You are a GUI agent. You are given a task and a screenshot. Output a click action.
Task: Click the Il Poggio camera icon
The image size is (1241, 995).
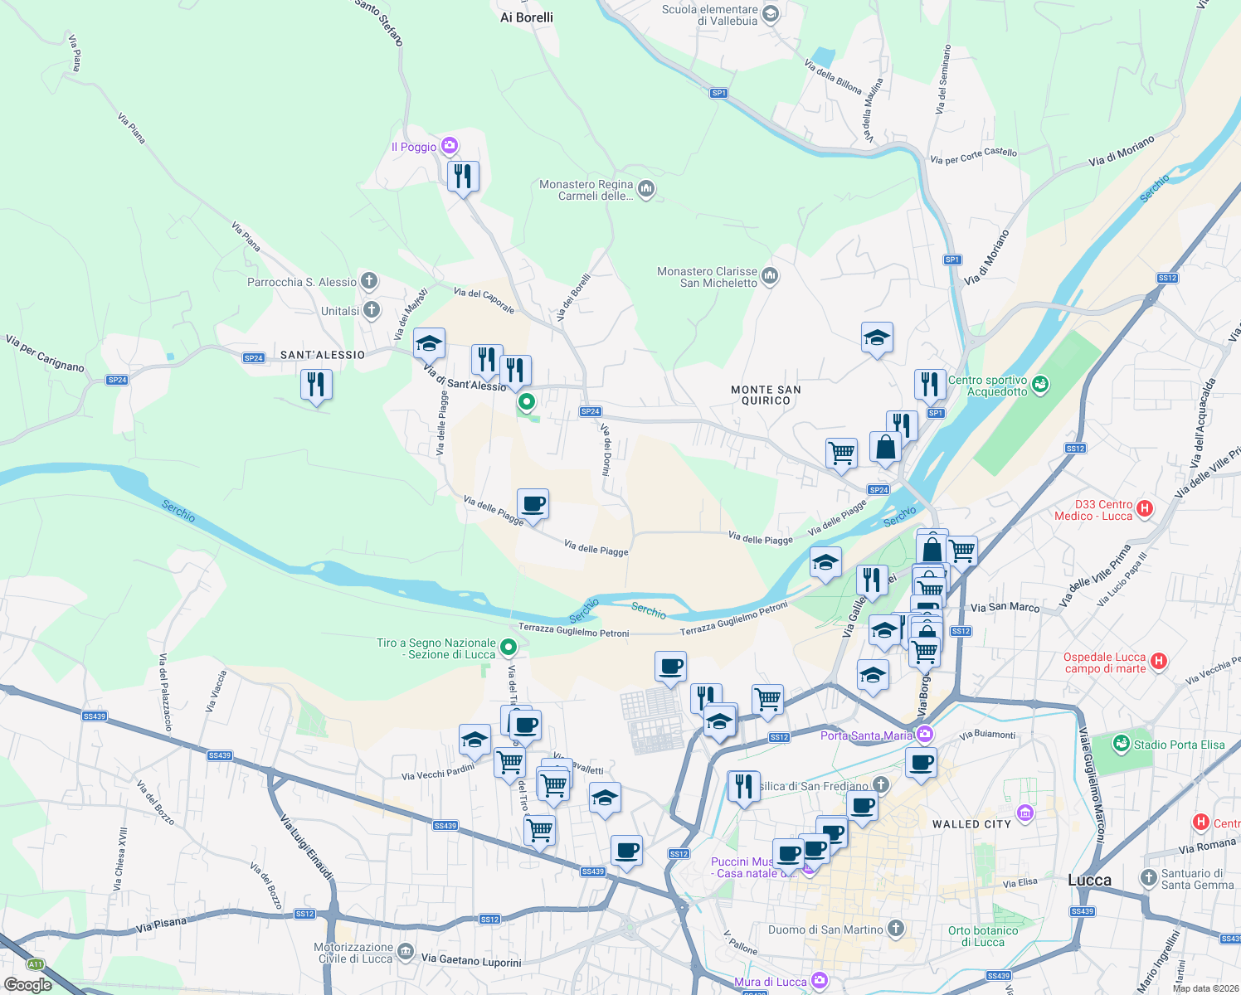tap(450, 146)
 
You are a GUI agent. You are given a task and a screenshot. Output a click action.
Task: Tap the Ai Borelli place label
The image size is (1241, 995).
tap(527, 17)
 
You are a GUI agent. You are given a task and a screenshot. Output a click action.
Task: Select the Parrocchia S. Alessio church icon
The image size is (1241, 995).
tap(369, 281)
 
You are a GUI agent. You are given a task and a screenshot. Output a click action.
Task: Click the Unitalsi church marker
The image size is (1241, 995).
tap(372, 310)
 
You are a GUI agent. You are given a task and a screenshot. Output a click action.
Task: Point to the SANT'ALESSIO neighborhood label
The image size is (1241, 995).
tap(323, 355)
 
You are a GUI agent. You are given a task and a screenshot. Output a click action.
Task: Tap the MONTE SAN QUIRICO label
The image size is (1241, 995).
tap(766, 395)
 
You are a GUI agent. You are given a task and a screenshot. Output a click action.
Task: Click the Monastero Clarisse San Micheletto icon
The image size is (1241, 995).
tap(770, 276)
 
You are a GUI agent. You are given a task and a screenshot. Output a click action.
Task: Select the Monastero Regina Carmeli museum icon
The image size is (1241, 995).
tap(646, 189)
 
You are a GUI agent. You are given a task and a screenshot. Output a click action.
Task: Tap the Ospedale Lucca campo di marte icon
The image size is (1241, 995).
tap(1160, 662)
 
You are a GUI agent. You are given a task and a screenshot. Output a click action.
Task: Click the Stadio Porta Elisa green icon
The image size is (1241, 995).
tap(1122, 744)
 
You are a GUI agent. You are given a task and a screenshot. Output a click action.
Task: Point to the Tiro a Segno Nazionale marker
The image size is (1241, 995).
tap(509, 648)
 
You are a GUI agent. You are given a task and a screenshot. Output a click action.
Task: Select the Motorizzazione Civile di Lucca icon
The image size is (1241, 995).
tap(405, 952)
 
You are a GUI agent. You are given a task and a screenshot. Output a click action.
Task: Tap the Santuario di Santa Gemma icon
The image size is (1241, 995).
tap(1148, 877)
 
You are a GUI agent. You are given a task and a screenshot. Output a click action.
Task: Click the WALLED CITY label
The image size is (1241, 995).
tap(971, 824)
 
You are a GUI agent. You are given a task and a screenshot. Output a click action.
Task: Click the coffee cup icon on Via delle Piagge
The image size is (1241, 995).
tap(533, 503)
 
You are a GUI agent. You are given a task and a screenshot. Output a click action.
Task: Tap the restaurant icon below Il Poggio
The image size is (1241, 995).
tap(463, 176)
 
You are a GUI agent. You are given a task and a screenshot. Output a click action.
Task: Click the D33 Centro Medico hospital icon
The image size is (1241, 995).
tap(1145, 509)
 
